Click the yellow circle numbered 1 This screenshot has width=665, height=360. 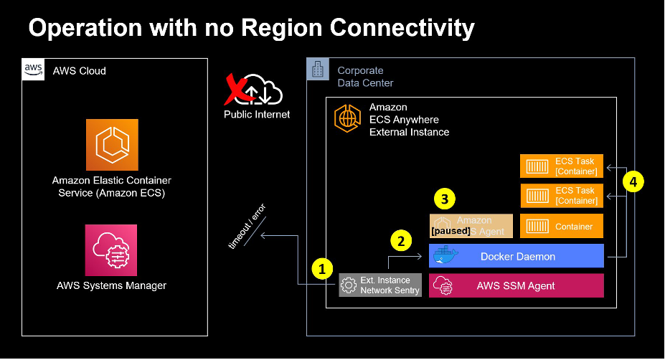tap(323, 268)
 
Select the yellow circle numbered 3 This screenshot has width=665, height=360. tap(445, 198)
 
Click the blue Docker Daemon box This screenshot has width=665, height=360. tap(517, 256)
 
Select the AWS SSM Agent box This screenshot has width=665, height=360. tap(517, 285)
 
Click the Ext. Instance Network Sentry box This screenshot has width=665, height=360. tap(380, 285)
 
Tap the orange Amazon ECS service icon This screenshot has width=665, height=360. tap(112, 145)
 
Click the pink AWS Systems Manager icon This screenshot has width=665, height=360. tap(111, 250)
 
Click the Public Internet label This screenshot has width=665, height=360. tap(257, 114)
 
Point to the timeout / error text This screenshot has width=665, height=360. tap(247, 226)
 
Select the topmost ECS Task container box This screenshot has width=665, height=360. tap(562, 166)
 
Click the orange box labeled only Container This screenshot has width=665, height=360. tap(562, 226)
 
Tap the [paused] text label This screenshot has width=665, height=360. tap(451, 231)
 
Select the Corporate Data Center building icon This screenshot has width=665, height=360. tap(318, 70)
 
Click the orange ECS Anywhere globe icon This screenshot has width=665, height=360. tap(347, 120)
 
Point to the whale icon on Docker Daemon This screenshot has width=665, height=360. tap(443, 256)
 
